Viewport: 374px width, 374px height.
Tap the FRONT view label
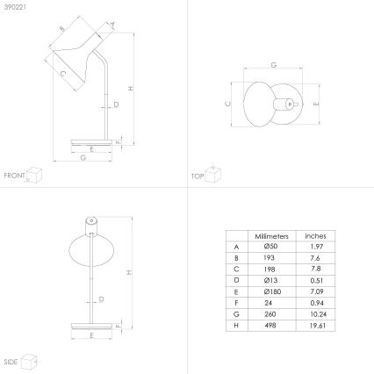click(x=13, y=176)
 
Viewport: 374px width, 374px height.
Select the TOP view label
click(x=198, y=176)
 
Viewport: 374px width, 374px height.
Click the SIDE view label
click(x=11, y=361)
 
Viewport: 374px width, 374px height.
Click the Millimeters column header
click(x=271, y=236)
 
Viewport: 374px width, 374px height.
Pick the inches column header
click(x=315, y=236)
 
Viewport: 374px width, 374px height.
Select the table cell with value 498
click(x=271, y=326)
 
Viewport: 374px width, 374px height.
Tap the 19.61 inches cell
click(x=315, y=326)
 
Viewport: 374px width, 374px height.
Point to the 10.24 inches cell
click(x=315, y=314)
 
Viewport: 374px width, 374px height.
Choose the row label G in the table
click(x=236, y=314)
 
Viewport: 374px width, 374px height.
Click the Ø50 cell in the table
click(x=271, y=248)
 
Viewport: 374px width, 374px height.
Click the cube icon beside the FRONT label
click(x=35, y=175)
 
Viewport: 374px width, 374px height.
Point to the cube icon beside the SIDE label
click(x=30, y=360)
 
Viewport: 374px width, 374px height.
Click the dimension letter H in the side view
click(x=128, y=272)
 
